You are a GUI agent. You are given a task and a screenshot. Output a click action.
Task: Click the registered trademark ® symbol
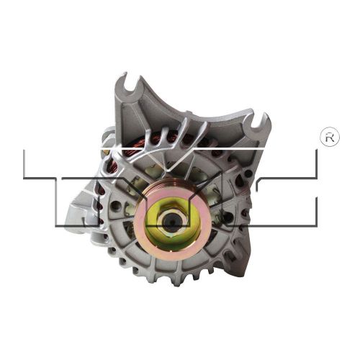tap(330, 138)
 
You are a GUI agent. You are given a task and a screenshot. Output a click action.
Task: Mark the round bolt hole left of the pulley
tap(116, 205)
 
